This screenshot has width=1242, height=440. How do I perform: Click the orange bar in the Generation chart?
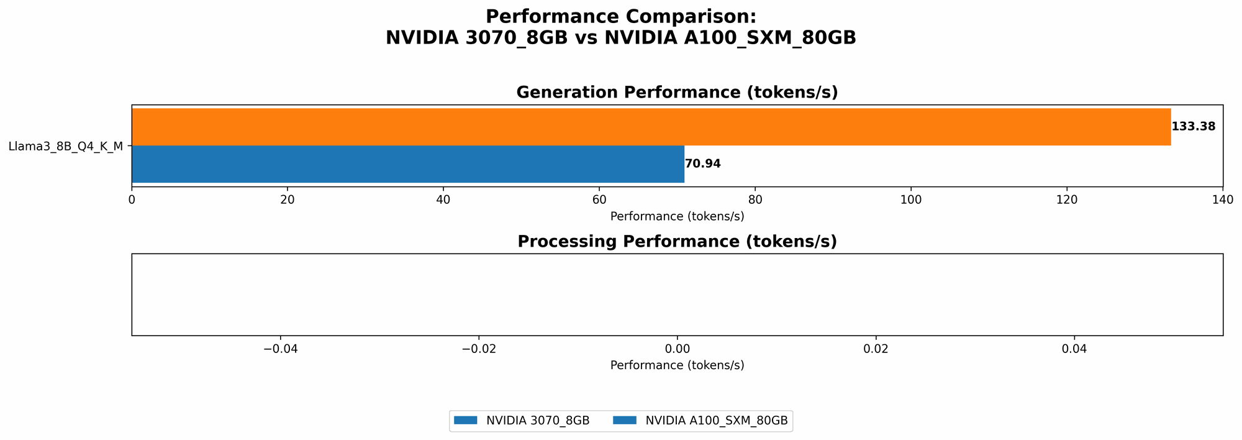651,127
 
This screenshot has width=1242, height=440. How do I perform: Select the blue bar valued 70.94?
407,164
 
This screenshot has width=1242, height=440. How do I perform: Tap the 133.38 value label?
1193,127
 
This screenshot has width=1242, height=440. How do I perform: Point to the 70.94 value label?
702,164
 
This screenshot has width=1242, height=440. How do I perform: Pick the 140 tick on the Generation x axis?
1223,200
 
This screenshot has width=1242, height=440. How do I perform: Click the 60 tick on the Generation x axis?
599,200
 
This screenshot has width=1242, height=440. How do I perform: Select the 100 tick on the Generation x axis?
911,200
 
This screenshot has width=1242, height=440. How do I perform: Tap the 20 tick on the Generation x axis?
287,200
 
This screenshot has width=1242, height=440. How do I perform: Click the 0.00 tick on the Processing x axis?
678,349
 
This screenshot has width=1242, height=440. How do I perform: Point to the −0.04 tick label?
280,349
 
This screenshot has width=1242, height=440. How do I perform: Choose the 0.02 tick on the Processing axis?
876,349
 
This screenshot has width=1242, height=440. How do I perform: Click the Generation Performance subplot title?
677,93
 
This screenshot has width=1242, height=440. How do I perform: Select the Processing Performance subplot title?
677,242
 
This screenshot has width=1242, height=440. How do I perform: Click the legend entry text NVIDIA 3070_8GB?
538,421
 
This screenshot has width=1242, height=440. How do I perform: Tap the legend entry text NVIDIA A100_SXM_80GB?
717,421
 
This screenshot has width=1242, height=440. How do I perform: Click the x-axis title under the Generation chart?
677,216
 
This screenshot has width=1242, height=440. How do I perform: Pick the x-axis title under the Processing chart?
677,365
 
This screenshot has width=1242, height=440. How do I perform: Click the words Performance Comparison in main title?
621,17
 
